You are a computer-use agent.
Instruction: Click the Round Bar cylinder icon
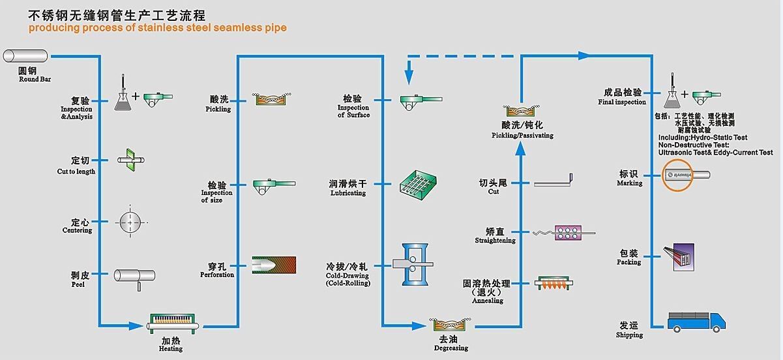point(25,56)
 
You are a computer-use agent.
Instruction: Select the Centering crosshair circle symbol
point(130,222)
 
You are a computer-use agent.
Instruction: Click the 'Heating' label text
point(171,349)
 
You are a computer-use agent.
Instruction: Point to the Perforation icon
point(273,265)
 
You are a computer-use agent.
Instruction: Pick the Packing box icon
point(679,256)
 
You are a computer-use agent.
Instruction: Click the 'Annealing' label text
point(488,301)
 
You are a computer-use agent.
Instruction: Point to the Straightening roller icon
point(567,232)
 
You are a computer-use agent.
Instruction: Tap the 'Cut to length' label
point(76,172)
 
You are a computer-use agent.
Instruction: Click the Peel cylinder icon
point(134,277)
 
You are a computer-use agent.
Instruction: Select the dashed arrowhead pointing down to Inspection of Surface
point(409,78)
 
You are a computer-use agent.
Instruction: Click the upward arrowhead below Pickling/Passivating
point(521,148)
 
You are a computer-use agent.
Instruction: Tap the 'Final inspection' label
point(622,102)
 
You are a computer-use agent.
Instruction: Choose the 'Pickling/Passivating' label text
point(522,136)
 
